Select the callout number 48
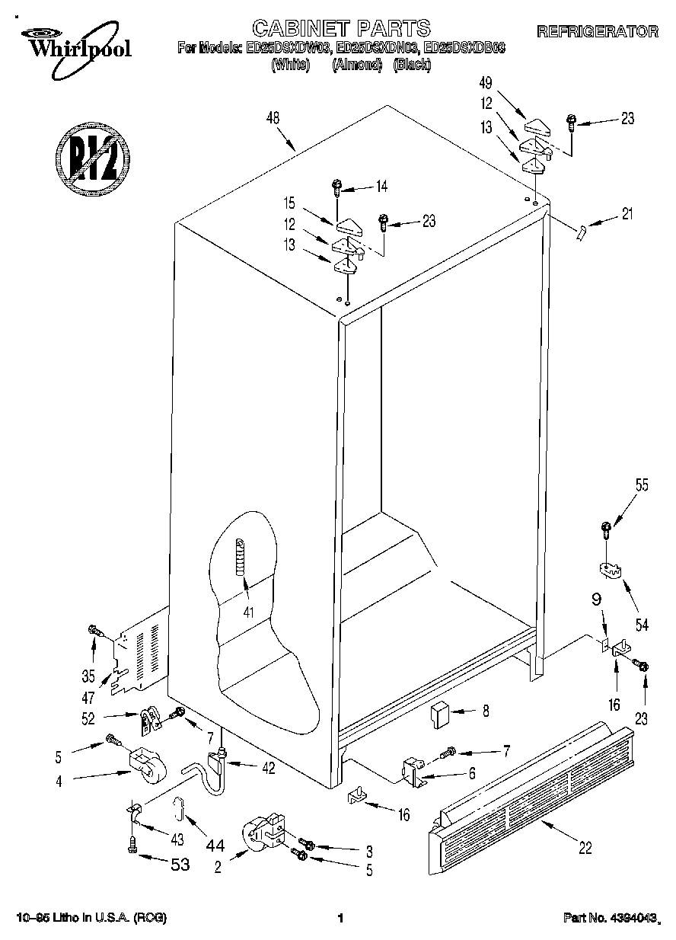(273, 118)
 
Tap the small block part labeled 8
(439, 715)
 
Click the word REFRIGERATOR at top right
(598, 32)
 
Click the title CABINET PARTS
(340, 29)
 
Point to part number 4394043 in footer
(610, 919)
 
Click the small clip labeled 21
(582, 232)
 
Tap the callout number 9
(597, 599)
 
